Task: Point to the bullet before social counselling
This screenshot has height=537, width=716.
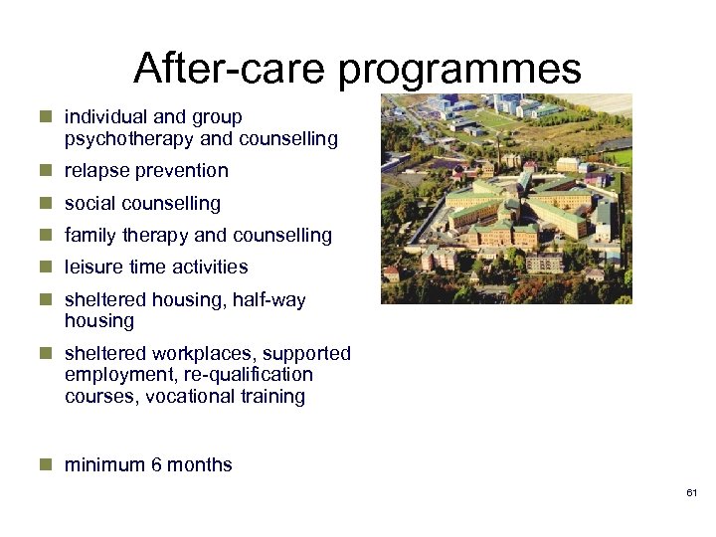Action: point(46,203)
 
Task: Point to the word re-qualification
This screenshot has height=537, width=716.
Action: point(246,375)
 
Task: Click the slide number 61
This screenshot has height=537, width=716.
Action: point(692,494)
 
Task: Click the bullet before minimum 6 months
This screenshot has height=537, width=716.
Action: point(46,464)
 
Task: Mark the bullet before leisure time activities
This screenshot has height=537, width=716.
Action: point(46,267)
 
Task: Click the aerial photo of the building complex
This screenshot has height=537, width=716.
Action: point(506,199)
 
